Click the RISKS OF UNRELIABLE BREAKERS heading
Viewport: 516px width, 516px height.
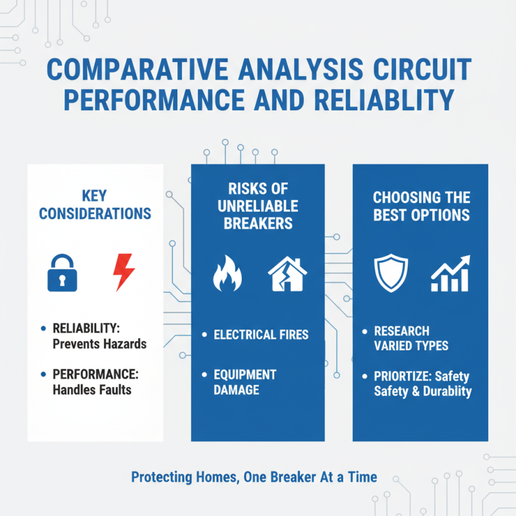(257, 206)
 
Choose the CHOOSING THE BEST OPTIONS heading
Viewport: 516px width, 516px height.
(422, 206)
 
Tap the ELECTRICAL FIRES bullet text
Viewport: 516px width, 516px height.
(261, 335)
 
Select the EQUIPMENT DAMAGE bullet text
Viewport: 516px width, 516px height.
(244, 382)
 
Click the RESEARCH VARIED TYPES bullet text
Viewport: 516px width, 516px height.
(411, 339)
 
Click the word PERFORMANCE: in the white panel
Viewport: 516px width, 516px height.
(98, 373)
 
